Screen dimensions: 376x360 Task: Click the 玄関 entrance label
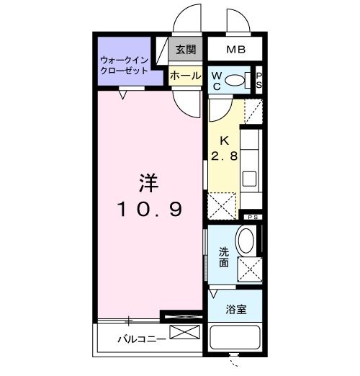point(185,50)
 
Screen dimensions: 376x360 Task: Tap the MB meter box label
point(235,50)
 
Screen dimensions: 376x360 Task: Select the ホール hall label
point(185,74)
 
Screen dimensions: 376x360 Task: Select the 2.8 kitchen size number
point(224,156)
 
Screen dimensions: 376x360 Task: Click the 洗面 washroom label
point(223,257)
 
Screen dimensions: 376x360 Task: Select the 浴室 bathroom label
point(235,310)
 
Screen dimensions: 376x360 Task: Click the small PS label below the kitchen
point(253,218)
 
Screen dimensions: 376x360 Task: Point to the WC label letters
point(217,81)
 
